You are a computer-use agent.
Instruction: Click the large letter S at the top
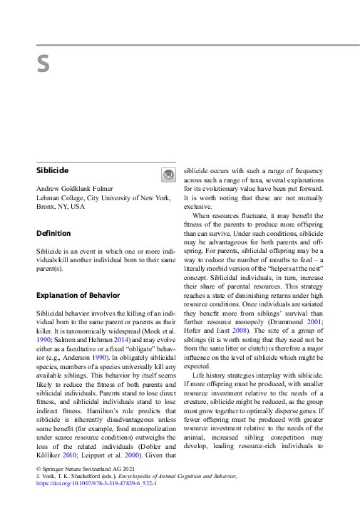click(x=43, y=65)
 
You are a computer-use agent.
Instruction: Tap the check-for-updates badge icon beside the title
click(x=168, y=175)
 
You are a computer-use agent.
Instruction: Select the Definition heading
click(x=53, y=233)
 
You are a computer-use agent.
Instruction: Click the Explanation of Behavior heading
click(x=78, y=295)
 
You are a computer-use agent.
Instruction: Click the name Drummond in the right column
click(x=287, y=322)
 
